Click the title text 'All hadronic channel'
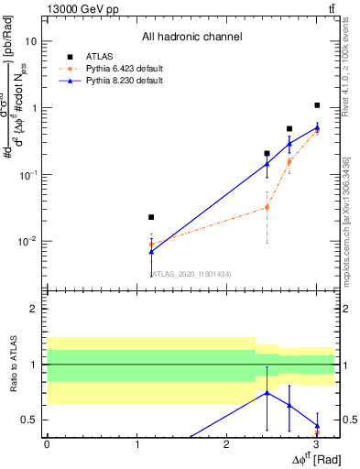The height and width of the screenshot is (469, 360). [x=191, y=37]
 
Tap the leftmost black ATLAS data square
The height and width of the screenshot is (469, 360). [x=151, y=217]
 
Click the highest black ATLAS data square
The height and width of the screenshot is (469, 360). [x=317, y=105]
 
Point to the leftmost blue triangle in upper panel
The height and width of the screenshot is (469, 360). [x=151, y=250]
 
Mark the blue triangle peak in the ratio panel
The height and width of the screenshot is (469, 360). [x=267, y=392]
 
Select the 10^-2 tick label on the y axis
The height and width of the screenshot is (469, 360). [x=28, y=241]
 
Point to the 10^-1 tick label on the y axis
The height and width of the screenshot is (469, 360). [x=28, y=174]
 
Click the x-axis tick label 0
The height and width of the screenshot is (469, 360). [x=47, y=443]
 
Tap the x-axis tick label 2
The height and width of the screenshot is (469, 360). [x=226, y=443]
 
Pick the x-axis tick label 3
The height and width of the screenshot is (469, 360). [x=316, y=443]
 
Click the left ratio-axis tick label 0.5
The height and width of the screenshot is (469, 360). [x=30, y=420]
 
